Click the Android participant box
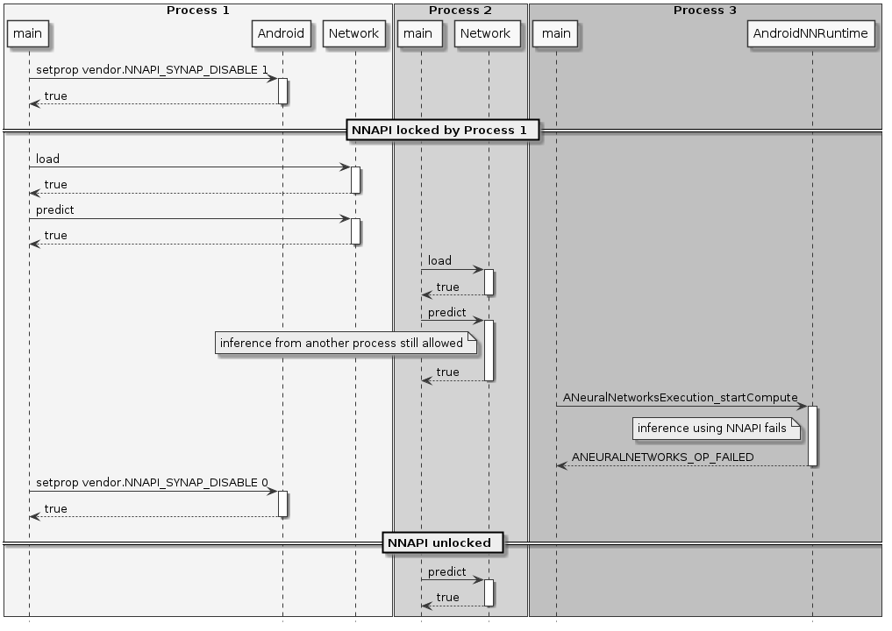tap(282, 34)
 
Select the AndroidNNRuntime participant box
tap(811, 34)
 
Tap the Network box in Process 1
tap(354, 34)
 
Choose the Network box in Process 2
tap(485, 34)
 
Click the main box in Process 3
tap(556, 34)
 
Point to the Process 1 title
tap(197, 10)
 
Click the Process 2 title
tap(460, 10)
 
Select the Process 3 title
tap(704, 10)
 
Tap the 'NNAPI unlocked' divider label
tap(442, 542)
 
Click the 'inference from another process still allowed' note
tap(346, 344)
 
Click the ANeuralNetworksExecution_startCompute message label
tap(681, 398)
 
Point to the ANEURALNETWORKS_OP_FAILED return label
tap(662, 457)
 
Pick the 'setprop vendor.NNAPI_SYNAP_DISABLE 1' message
tap(152, 69)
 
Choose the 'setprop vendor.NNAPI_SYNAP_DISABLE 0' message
tap(152, 482)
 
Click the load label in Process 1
tap(48, 160)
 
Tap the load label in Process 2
tap(439, 261)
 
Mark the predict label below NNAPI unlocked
tap(446, 572)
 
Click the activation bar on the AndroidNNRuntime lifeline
tap(812, 436)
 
